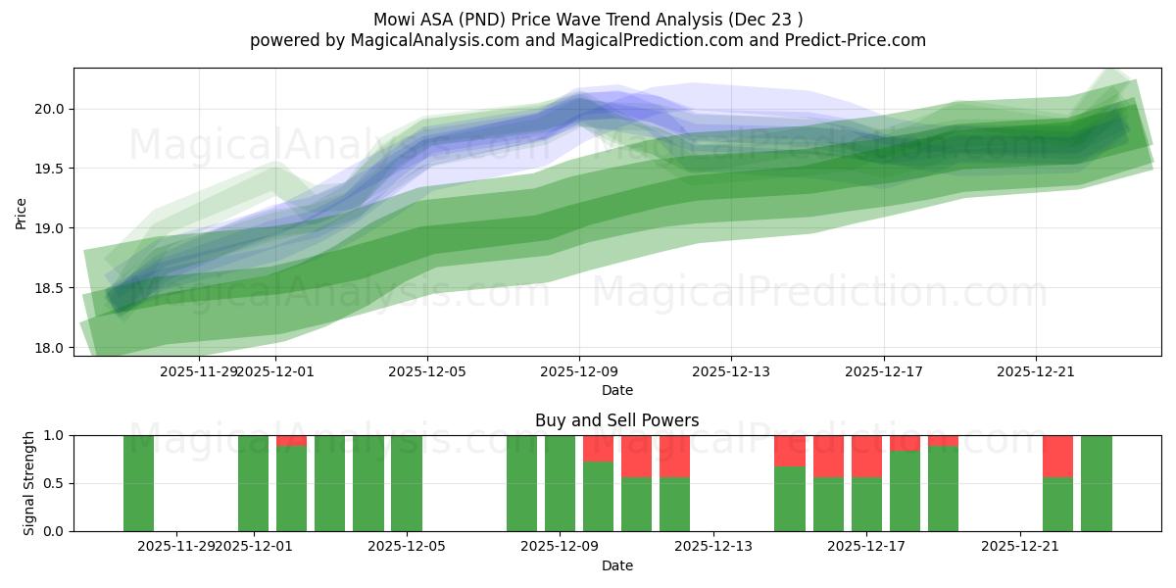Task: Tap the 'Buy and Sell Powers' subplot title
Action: pos(616,420)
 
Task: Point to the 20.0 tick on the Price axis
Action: pos(50,109)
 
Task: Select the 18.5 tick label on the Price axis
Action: pos(50,288)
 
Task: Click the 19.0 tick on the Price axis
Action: pos(50,228)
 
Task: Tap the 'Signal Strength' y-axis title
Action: pos(29,483)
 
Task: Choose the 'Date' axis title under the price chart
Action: pos(616,390)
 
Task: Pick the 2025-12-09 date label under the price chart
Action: pos(579,371)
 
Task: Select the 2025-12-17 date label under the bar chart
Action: pos(866,546)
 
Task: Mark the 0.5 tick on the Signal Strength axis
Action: pos(54,483)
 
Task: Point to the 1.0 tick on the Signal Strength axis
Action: pos(54,435)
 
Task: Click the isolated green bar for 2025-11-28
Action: pos(138,483)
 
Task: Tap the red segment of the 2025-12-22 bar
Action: pos(1057,456)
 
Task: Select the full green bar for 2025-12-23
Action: pos(1096,483)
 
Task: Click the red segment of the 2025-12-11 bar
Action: pos(674,456)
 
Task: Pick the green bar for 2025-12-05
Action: pos(407,483)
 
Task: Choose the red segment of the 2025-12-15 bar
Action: pos(790,451)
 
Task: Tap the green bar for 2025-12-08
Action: pos(521,483)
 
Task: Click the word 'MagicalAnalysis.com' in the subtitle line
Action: pos(426,40)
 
